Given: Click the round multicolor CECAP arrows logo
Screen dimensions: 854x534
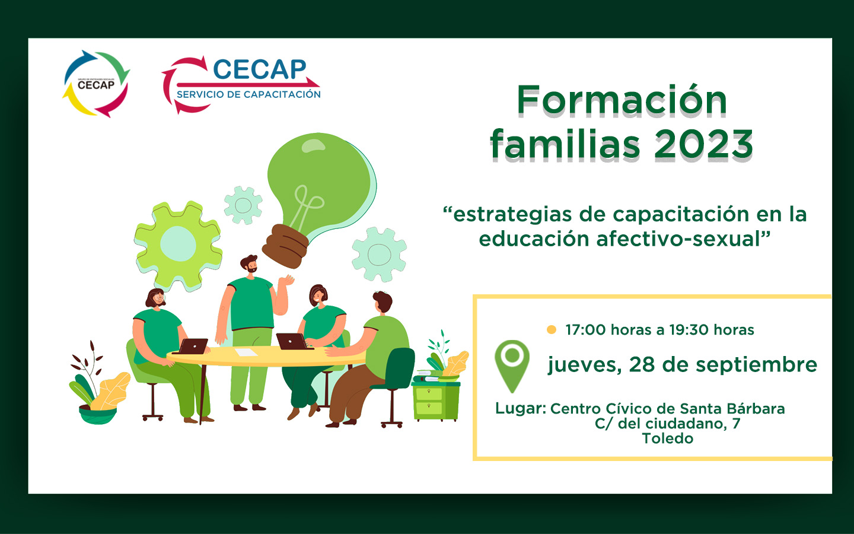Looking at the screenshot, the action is click(x=96, y=84).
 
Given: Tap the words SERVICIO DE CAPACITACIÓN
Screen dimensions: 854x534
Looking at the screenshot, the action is click(x=248, y=94).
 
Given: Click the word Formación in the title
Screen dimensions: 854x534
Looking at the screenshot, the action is click(x=622, y=100).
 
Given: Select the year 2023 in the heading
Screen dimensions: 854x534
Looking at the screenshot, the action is click(x=704, y=144).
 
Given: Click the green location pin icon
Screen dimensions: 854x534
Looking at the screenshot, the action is click(x=512, y=365).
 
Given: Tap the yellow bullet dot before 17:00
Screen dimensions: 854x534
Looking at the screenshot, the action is click(x=552, y=329).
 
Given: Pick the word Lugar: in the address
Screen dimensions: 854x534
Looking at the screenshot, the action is click(x=521, y=408).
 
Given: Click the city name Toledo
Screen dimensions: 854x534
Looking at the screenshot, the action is click(x=668, y=438).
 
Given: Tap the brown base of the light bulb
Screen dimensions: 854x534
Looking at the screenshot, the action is click(x=285, y=246).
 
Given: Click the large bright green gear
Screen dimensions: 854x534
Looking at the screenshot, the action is click(x=178, y=245).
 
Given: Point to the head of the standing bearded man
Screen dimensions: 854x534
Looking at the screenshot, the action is click(x=249, y=263).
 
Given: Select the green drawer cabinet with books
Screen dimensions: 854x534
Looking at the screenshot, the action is click(x=436, y=397).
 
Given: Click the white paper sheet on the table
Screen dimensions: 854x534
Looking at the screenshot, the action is click(x=246, y=352).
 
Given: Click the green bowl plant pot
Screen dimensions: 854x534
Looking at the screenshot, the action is click(x=98, y=415).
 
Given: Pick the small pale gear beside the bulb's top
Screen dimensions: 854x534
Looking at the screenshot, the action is click(x=243, y=205).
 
